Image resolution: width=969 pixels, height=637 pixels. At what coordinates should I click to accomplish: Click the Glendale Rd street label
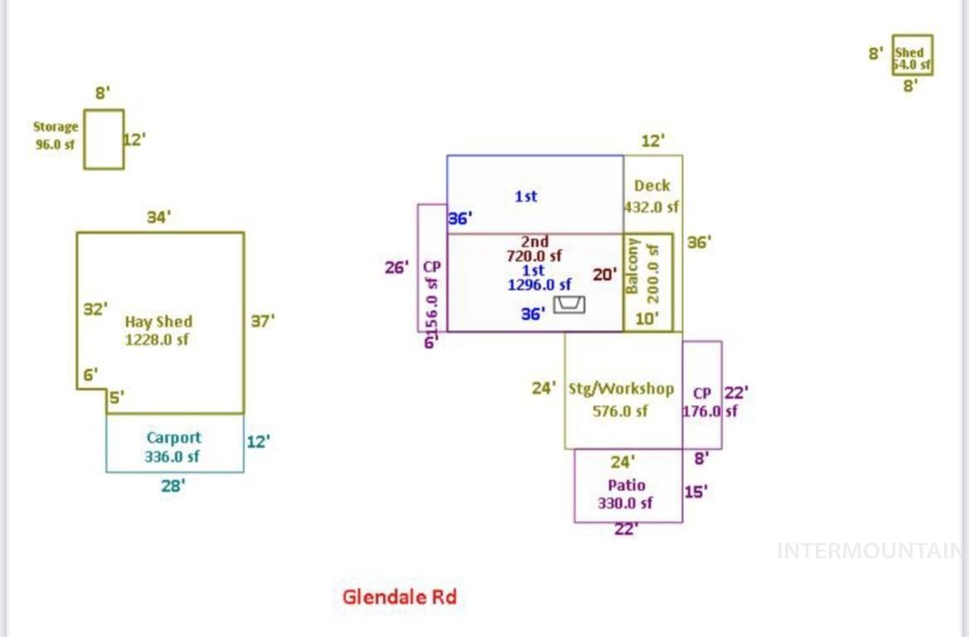399,596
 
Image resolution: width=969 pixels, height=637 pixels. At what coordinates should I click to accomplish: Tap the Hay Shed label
158,322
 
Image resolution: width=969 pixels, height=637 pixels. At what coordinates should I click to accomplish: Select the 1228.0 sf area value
157,338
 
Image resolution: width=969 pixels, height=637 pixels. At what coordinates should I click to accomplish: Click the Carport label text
173,438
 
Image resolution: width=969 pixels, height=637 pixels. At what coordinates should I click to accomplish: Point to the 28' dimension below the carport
172,486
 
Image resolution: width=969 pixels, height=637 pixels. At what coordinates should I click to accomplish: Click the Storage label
55,127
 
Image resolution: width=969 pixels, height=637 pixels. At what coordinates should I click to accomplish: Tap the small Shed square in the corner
912,55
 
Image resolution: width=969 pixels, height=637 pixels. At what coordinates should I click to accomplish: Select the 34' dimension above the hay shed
158,218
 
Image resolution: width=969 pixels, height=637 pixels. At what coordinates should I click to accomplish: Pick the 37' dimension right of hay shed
263,321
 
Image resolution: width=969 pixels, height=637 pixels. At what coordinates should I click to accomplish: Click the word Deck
652,185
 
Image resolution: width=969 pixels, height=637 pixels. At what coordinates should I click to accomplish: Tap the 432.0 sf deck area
651,207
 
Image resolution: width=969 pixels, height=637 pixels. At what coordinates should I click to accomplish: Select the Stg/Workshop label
621,389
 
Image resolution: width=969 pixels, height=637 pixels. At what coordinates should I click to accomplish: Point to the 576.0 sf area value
619,410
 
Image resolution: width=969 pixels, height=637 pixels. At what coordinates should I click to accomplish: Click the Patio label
626,485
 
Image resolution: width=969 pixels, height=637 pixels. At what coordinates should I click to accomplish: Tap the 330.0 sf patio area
625,502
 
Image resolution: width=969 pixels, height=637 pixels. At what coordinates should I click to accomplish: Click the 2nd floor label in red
534,242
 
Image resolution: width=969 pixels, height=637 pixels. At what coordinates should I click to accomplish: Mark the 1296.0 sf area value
539,285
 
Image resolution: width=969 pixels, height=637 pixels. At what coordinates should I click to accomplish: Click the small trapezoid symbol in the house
569,304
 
